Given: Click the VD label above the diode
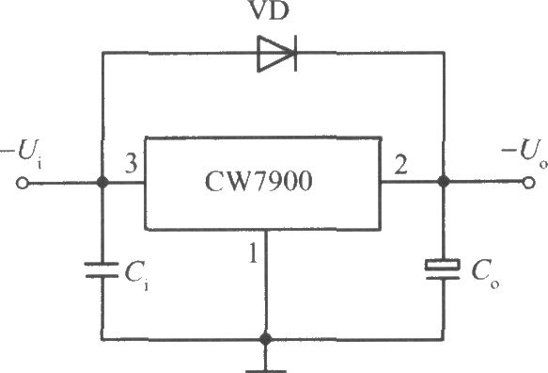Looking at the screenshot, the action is pyautogui.click(x=270, y=9).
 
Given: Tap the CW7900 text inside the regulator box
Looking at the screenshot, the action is pyautogui.click(x=258, y=182).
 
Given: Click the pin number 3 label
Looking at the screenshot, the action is pyautogui.click(x=131, y=163).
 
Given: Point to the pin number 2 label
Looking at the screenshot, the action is pyautogui.click(x=400, y=164).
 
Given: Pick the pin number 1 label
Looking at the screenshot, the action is pyautogui.click(x=254, y=253).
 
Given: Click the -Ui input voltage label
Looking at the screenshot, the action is pyautogui.click(x=22, y=153).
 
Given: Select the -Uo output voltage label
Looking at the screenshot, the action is pyautogui.click(x=525, y=153).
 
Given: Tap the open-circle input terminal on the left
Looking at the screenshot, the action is pyautogui.click(x=23, y=183).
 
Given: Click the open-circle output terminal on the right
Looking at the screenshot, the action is pyautogui.click(x=528, y=183).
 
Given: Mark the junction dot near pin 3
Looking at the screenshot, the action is pyautogui.click(x=102, y=183).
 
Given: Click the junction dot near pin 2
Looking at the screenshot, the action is pyautogui.click(x=444, y=182).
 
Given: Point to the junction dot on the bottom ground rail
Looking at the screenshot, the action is pyautogui.click(x=266, y=339).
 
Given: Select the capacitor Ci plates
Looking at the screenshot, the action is pyautogui.click(x=102, y=269).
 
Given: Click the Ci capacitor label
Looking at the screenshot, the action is pyautogui.click(x=136, y=276).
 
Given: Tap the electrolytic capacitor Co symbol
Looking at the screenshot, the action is pyautogui.click(x=443, y=269).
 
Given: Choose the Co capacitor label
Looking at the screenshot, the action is pyautogui.click(x=485, y=275).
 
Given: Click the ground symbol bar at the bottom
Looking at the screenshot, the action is pyautogui.click(x=266, y=371).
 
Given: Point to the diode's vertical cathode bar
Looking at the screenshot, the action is pyautogui.click(x=296, y=54).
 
